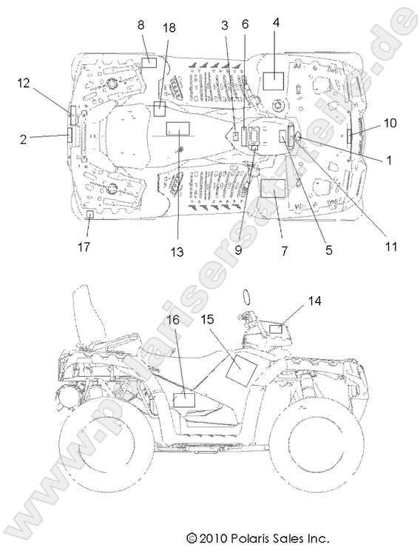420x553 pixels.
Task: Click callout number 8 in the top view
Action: click(141, 25)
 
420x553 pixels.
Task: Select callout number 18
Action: click(169, 27)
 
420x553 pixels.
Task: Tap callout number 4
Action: click(276, 22)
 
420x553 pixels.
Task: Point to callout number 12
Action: click(24, 83)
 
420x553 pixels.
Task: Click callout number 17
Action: click(84, 247)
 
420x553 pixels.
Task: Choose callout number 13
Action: click(177, 252)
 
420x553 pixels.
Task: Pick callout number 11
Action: click(391, 247)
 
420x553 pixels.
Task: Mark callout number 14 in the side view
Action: click(315, 301)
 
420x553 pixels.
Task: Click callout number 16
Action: click(173, 320)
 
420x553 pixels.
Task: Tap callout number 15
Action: click(208, 319)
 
